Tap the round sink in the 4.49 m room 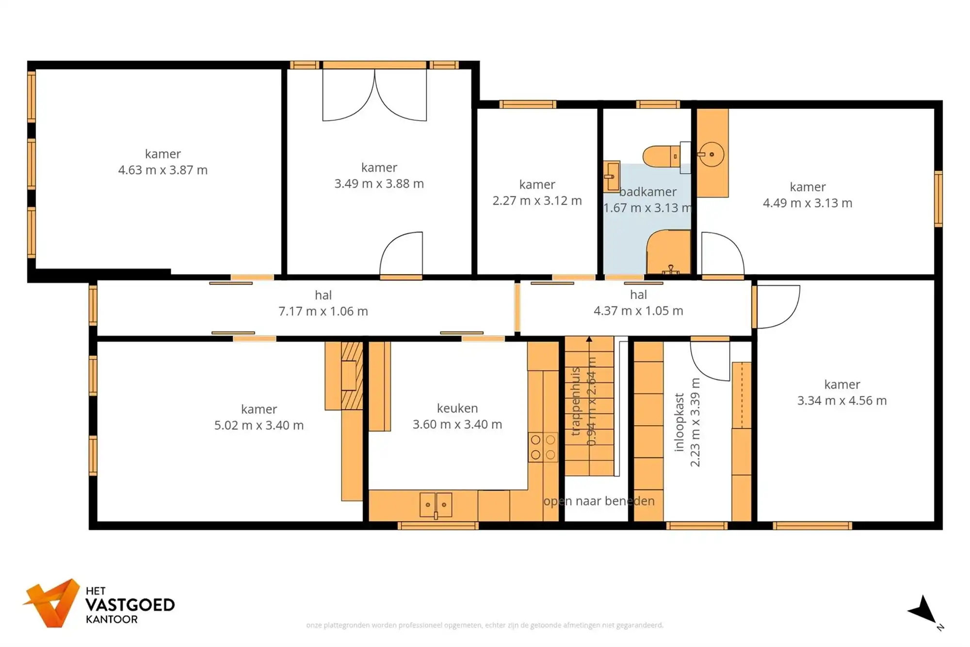pos(711,154)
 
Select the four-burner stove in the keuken pos(543,447)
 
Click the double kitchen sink pos(436,505)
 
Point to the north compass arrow pos(924,611)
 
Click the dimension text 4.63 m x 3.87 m pos(163,170)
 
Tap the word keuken pos(457,408)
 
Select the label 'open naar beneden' pos(598,501)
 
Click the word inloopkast pos(679,422)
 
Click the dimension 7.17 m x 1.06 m pos(323,311)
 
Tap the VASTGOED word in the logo pos(130,605)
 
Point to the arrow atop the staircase pos(589,339)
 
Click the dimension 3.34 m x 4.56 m pos(842,400)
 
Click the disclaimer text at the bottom pos(485,625)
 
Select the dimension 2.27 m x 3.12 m pos(537,200)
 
